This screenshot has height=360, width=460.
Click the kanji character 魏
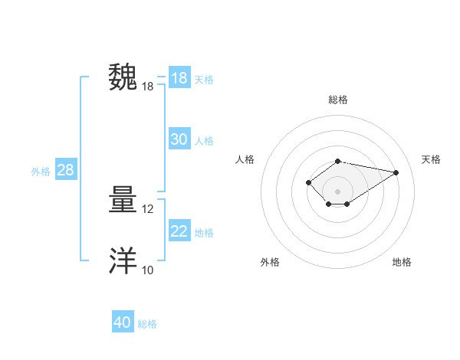point(123,78)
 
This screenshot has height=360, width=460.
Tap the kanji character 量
point(123,201)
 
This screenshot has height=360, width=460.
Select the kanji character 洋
point(123,261)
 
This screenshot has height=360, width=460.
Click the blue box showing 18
point(179,78)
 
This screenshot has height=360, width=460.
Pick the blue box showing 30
point(179,139)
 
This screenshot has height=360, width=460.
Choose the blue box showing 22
point(179,231)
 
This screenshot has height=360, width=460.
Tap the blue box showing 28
point(65,170)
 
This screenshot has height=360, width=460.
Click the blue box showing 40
point(123,322)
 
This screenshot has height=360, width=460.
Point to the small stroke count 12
point(148,209)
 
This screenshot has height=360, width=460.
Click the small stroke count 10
point(148,270)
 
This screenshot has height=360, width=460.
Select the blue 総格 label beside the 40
point(147,324)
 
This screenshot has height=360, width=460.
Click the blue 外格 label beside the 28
point(41,172)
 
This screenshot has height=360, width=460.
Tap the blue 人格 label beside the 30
point(204,141)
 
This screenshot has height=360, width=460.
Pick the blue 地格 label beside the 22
point(204,233)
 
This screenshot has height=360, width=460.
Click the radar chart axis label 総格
point(338,100)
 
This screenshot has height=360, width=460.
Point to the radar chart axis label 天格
point(431,159)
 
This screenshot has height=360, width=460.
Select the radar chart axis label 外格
point(270,262)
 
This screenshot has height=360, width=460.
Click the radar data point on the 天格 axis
point(396,172)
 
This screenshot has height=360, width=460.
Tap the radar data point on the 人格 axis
point(308,182)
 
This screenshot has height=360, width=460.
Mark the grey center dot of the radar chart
point(338,191)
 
